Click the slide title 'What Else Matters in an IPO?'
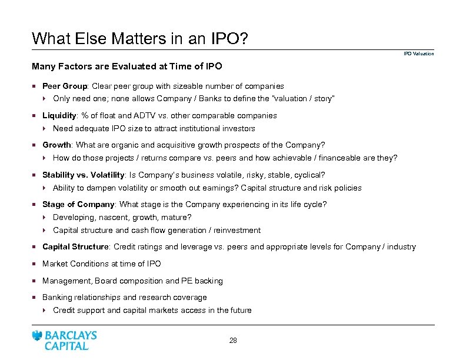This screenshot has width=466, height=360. point(139,39)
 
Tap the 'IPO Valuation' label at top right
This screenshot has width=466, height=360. point(418,54)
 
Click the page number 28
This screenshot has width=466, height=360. point(233,340)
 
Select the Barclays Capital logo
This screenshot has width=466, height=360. point(65,340)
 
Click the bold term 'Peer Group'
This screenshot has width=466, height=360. point(64,86)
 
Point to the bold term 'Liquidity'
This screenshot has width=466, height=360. point(59,116)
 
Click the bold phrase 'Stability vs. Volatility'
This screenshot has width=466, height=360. point(83,175)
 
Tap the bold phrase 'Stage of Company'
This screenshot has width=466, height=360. point(78,204)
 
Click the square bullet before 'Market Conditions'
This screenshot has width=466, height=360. point(35,264)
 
